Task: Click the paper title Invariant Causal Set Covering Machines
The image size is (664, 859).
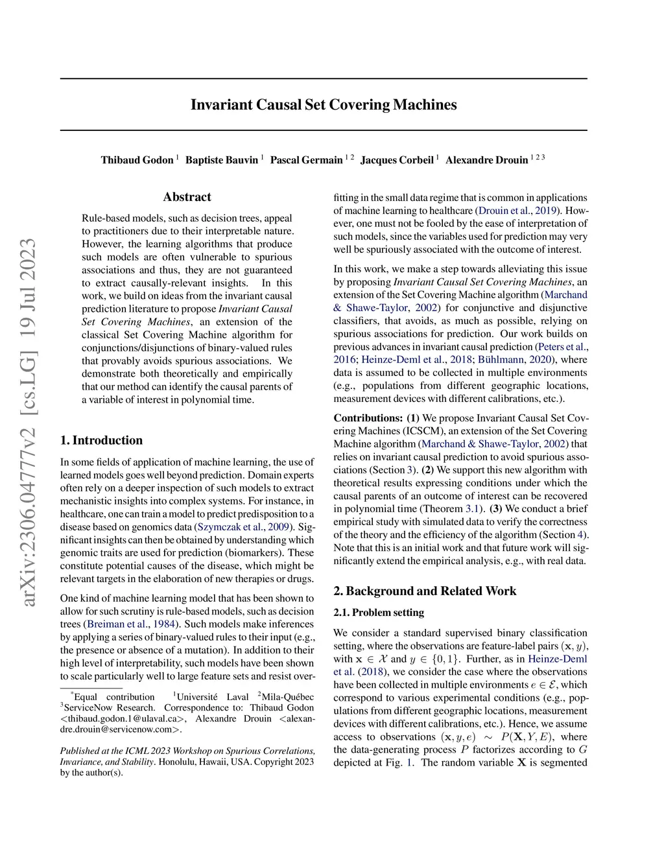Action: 324,105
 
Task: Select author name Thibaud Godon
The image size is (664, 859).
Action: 137,160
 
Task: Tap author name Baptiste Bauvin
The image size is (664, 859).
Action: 222,160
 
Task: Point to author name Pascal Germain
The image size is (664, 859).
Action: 306,160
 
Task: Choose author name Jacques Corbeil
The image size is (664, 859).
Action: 397,160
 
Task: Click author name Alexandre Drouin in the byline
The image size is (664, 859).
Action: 486,160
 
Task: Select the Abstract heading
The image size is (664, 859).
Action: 187,197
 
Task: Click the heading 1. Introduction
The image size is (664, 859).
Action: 101,440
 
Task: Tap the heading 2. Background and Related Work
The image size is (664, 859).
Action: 425,591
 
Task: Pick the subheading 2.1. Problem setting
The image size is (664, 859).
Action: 379,613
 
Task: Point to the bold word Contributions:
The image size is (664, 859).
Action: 368,418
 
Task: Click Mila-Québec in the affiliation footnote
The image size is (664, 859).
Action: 288,697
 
